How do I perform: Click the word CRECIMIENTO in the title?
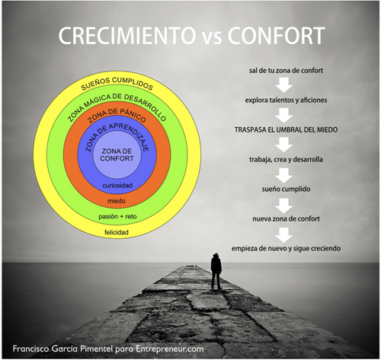126,35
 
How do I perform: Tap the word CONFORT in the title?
276,35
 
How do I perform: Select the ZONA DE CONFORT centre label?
117,155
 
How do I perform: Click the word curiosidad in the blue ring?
117,186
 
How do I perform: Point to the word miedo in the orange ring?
117,201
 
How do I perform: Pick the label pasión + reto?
117,217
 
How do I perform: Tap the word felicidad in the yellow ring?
117,232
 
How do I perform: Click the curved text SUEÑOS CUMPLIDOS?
117,83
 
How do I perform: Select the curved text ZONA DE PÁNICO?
117,115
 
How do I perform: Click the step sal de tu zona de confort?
286,70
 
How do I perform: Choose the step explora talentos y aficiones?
286,100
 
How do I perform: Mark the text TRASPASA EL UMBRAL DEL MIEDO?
286,129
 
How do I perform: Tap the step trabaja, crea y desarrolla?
286,159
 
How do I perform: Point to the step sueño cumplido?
286,189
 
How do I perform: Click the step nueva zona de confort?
286,218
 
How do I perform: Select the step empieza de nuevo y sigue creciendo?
286,248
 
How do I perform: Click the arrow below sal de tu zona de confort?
284,85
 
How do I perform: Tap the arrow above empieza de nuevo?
284,234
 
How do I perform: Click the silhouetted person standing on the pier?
216,271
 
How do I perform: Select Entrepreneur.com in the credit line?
170,349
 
